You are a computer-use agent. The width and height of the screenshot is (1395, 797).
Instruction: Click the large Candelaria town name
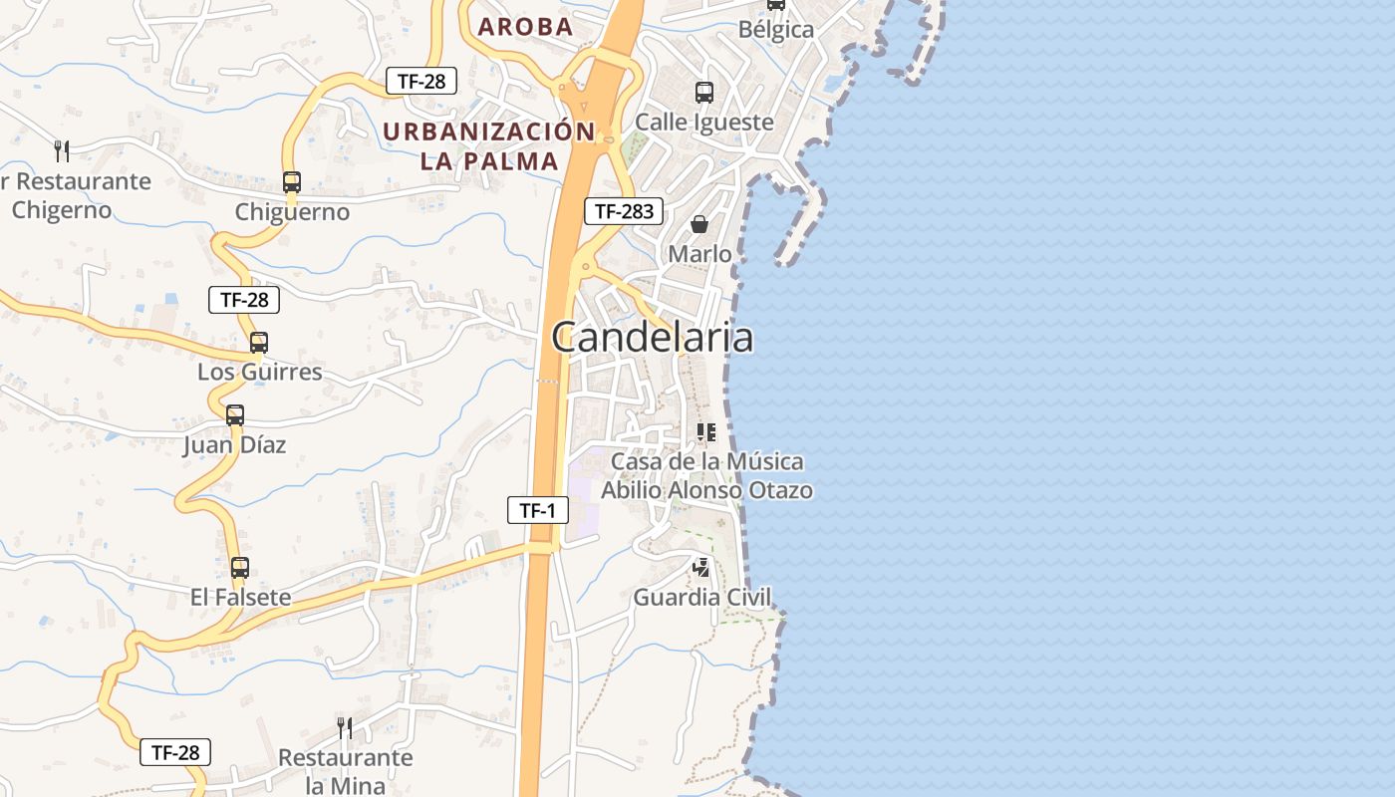(653, 338)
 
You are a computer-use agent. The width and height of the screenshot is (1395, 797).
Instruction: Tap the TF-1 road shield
(537, 511)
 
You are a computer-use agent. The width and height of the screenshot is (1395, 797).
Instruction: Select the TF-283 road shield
(623, 211)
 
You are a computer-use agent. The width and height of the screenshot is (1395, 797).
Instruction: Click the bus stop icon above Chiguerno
(292, 182)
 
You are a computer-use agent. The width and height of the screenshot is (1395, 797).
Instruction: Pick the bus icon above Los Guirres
(259, 343)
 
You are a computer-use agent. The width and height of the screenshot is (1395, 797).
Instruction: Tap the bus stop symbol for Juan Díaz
(235, 415)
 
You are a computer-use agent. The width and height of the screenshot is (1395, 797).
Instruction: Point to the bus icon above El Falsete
(240, 568)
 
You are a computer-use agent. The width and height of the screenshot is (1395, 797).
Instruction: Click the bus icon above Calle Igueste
(704, 93)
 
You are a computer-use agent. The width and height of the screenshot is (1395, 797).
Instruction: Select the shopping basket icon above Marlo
(699, 224)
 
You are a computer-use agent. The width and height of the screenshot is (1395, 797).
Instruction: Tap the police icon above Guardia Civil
(702, 568)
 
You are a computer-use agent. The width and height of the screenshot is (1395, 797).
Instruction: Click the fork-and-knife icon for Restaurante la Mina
(345, 728)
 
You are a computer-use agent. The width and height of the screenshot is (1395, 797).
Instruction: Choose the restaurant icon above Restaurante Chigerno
(62, 151)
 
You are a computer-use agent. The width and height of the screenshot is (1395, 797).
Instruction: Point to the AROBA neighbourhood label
(525, 27)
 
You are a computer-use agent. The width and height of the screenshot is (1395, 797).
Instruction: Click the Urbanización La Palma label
(488, 145)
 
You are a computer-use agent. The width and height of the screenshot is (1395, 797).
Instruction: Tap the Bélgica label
(776, 30)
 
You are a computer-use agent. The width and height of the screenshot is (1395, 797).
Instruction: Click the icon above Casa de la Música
(706, 432)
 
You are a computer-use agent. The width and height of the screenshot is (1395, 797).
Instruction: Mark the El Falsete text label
(241, 598)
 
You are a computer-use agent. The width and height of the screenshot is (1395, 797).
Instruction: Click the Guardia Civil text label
(702, 598)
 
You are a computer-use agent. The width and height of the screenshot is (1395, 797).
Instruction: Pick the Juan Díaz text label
(234, 445)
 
